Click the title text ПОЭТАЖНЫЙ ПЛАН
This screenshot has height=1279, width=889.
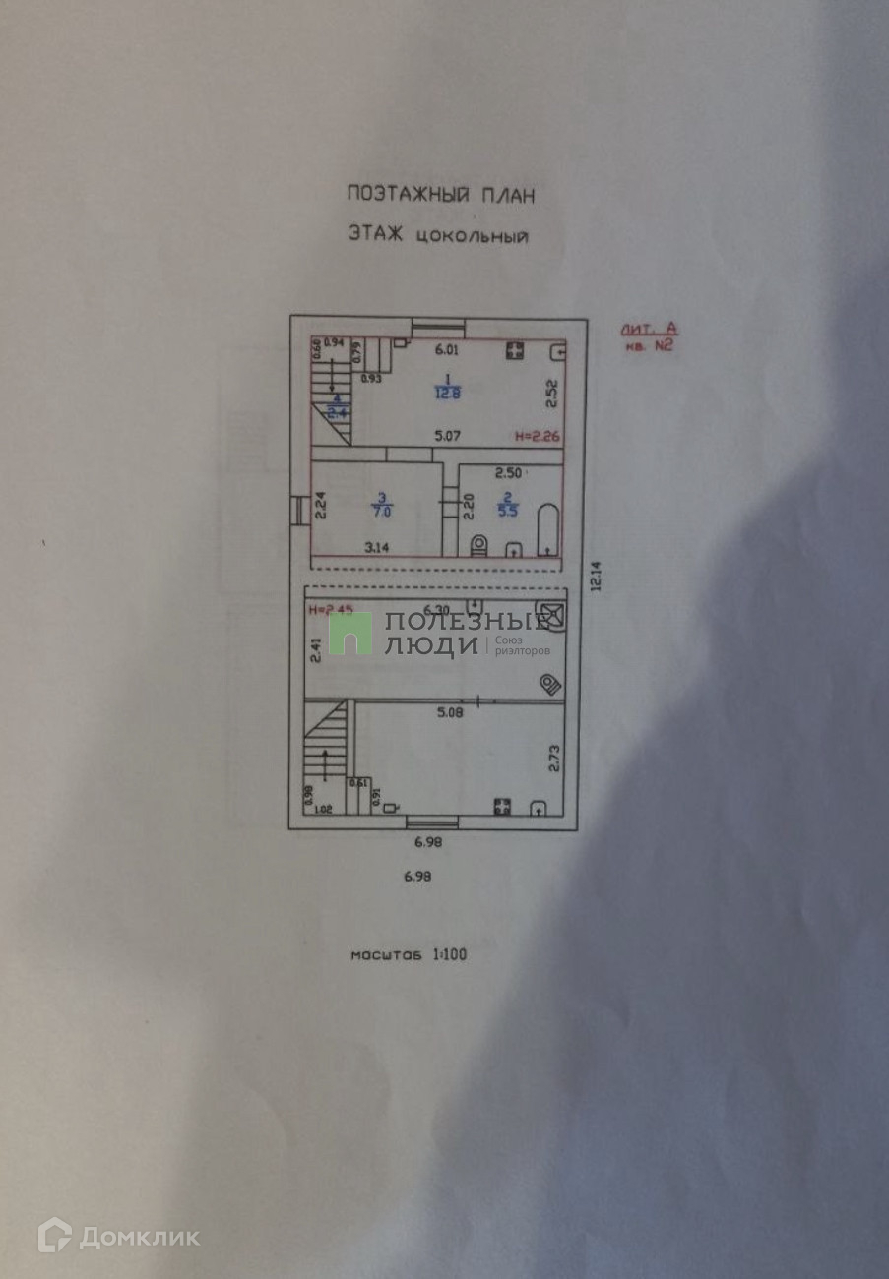point(440,195)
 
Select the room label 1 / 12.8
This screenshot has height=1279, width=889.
point(448,387)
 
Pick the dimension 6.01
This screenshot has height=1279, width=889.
point(448,349)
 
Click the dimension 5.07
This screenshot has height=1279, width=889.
point(448,434)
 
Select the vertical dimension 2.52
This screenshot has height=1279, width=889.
point(552,395)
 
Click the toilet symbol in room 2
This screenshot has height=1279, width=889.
point(479,545)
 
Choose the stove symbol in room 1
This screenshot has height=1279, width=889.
point(514,351)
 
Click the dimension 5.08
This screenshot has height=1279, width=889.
point(449,712)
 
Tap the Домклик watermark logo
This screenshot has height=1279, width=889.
point(118,1236)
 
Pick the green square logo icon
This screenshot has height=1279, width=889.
point(350,634)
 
